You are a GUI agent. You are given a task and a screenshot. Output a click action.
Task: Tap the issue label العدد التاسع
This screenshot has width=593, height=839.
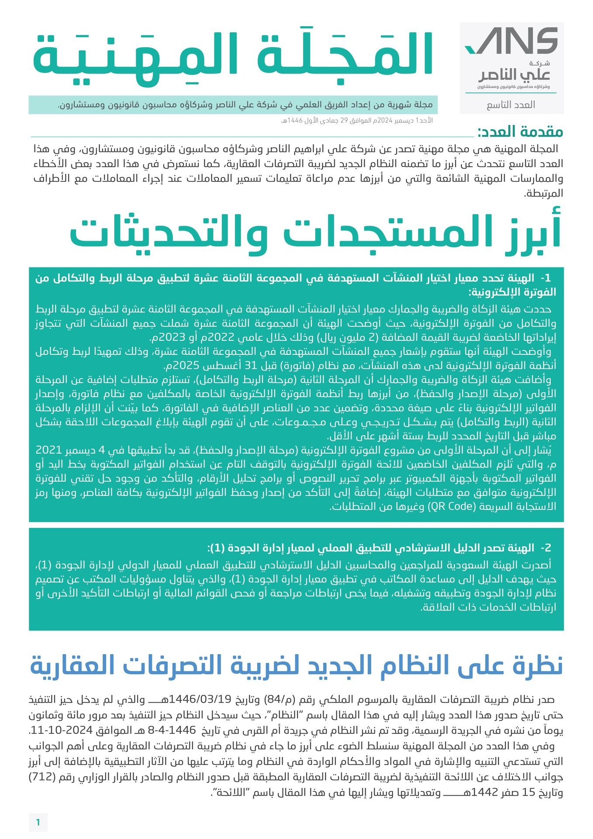510,105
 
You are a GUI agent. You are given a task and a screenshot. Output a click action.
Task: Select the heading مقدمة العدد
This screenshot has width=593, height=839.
520,132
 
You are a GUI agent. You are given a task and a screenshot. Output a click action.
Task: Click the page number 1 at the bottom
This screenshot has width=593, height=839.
38,822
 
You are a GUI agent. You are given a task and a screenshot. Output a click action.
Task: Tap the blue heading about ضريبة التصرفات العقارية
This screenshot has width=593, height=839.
296,665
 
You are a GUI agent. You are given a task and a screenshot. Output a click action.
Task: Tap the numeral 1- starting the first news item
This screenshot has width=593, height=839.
545,278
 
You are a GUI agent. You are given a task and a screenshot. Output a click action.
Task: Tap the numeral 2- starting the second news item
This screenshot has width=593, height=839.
545,548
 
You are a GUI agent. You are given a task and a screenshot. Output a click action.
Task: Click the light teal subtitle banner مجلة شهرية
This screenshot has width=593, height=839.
233,105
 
